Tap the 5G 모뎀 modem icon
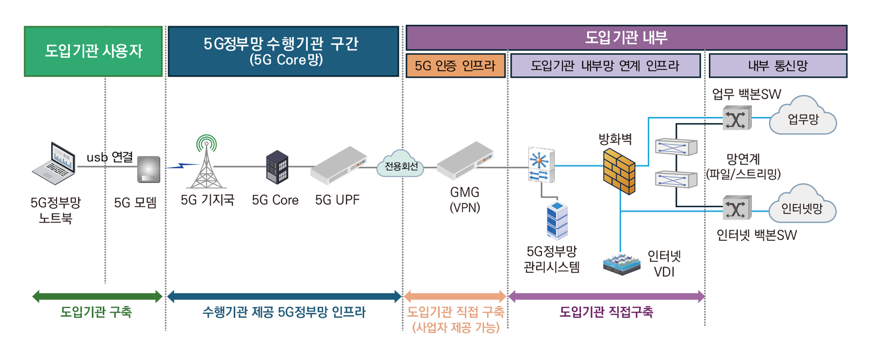tap(149, 169)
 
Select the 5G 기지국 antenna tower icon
tap(206, 163)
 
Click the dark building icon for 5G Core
tap(277, 167)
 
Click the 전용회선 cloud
tap(400, 164)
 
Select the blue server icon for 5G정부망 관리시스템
tap(557, 220)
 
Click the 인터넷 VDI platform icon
tap(621, 264)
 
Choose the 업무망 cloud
tap(802, 118)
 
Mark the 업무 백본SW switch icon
tap(736, 118)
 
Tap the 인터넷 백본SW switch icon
tap(736, 208)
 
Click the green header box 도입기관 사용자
tap(94, 51)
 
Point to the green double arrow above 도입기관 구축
tap(97, 296)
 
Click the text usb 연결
tap(110, 157)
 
